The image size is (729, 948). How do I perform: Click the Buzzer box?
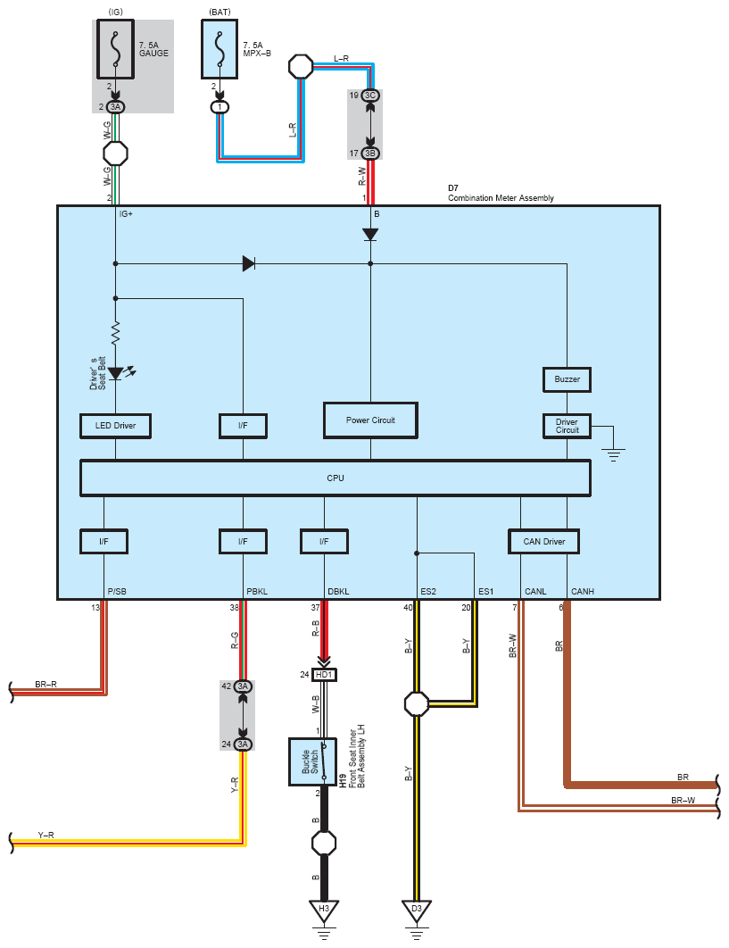(x=567, y=379)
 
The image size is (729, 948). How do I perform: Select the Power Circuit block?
(x=370, y=420)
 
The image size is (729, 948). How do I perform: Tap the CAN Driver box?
(x=543, y=542)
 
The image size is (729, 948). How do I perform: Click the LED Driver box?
(x=115, y=426)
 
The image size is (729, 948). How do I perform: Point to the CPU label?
(x=336, y=478)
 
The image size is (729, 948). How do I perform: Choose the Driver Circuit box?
(x=567, y=426)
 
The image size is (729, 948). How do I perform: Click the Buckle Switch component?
(x=312, y=761)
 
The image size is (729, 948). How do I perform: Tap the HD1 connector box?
(x=324, y=675)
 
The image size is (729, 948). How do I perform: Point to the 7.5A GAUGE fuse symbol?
(x=115, y=49)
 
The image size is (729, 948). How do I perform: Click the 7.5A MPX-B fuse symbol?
(x=220, y=49)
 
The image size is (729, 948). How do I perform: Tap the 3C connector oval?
(x=370, y=96)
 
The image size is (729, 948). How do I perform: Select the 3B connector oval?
(x=370, y=154)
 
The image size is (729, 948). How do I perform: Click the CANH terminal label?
(x=583, y=591)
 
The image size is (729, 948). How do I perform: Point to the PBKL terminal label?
(x=257, y=591)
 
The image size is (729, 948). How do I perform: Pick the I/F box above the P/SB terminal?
(x=104, y=542)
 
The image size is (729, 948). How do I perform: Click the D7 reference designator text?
(x=453, y=188)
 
